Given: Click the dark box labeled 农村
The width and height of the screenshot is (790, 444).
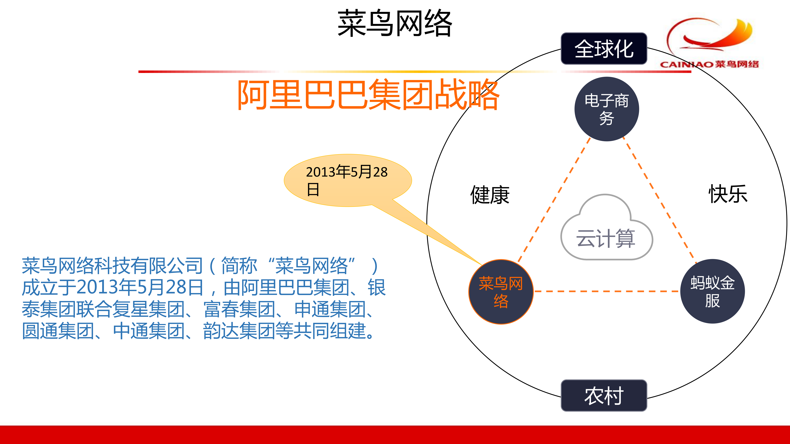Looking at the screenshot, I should coord(604,395).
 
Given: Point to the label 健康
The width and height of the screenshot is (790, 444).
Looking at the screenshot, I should coord(490,195).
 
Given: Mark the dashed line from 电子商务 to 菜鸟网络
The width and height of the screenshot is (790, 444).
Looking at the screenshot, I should coord(554,201).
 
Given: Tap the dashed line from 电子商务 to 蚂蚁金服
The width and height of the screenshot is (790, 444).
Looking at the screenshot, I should coord(659,201).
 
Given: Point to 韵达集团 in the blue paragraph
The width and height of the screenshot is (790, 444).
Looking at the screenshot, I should coord(239,331).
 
